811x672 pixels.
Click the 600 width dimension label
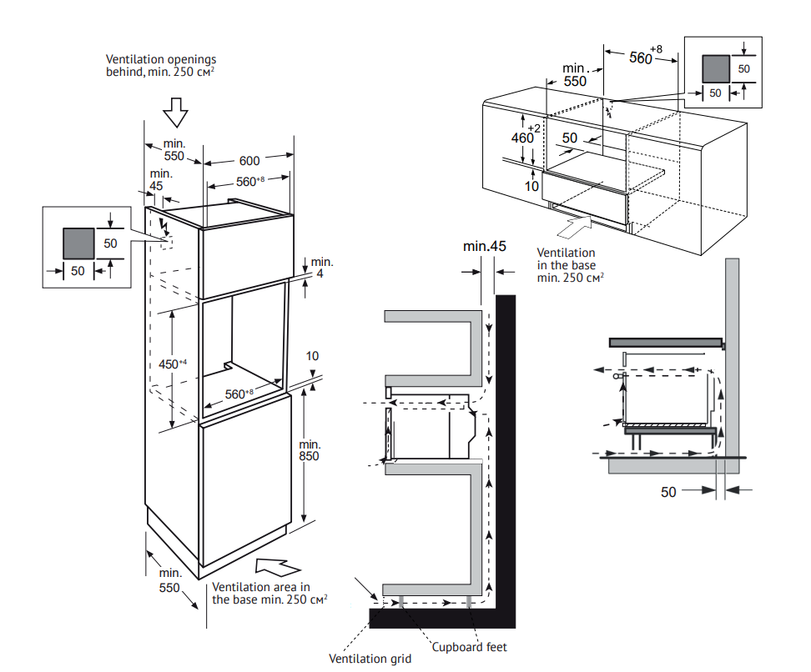[249, 161]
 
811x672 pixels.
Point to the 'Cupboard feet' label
[469, 646]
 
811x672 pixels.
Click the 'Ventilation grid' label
[370, 659]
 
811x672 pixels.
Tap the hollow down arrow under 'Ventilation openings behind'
[174, 110]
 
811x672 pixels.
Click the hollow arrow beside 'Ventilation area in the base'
[275, 567]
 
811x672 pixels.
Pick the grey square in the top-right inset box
[715, 68]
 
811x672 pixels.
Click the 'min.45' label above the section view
[486, 246]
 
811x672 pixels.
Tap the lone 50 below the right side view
[668, 492]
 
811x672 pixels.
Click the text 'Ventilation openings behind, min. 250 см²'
[161, 66]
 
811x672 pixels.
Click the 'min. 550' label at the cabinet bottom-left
[170, 580]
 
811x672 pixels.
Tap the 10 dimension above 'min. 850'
[312, 356]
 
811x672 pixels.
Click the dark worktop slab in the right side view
[664, 341]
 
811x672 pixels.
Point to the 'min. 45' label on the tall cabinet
[161, 179]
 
